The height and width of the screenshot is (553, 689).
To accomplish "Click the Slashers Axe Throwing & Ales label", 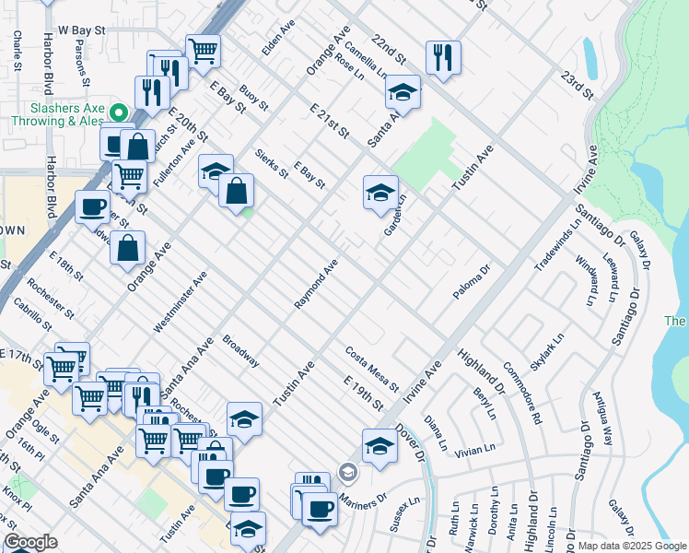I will [x=57, y=114].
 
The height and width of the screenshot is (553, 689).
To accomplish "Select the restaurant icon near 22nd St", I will [x=443, y=57].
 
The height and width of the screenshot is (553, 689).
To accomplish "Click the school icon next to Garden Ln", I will [x=380, y=193].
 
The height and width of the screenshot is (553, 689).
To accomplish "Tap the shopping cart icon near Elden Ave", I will [x=203, y=50].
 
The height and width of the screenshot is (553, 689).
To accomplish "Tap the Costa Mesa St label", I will [x=371, y=369].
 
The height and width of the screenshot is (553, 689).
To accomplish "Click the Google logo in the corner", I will [x=30, y=542].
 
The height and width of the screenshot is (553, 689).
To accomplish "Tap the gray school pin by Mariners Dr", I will [x=347, y=473].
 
